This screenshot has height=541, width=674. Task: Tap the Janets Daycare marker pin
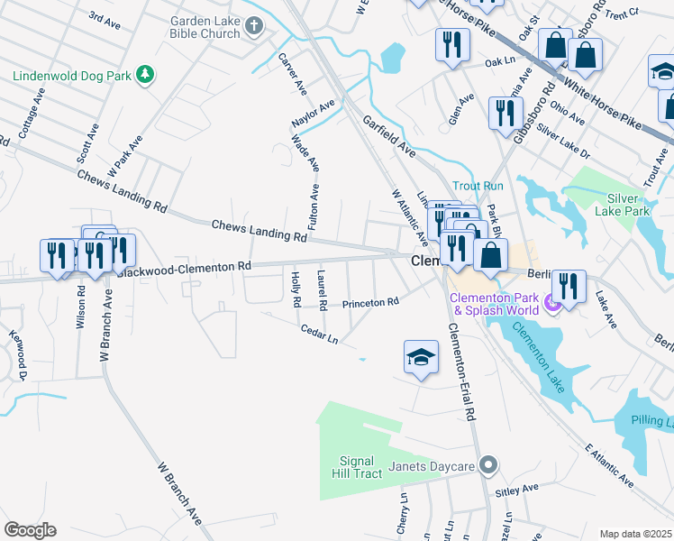pos(488,466)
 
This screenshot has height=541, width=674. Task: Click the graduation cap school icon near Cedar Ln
pos(421,358)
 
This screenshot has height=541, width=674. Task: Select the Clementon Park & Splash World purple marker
pos(553,307)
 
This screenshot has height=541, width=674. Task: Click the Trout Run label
pos(478,186)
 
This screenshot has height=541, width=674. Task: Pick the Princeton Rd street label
pos(369,304)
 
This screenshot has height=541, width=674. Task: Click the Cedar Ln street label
pos(320,334)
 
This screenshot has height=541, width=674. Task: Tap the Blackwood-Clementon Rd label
pos(184,269)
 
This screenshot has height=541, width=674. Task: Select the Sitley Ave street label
pos(516,490)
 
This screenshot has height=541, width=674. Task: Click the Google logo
pos(30,530)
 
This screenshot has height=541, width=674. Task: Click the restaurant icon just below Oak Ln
pos(502,113)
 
